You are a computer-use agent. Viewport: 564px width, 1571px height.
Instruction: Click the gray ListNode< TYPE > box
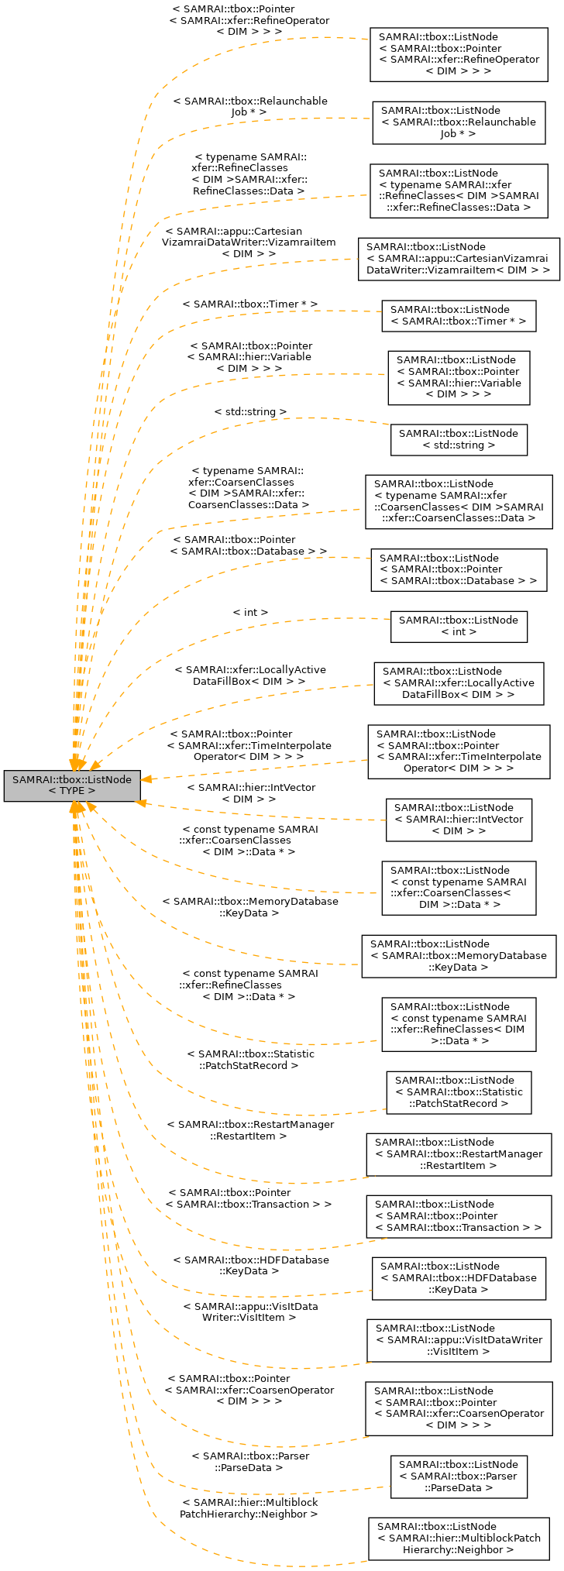72,785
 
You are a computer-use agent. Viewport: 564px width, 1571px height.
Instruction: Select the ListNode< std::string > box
459,439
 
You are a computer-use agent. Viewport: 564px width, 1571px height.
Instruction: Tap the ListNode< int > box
459,626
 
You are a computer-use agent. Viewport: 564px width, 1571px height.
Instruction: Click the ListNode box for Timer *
459,315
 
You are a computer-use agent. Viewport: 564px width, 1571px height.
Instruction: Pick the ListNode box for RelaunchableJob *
459,122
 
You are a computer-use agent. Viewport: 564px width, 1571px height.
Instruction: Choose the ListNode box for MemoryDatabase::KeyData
459,955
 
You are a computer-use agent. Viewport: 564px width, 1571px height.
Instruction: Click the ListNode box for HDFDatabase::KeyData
459,1277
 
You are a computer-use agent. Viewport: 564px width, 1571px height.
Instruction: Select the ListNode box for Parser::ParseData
459,1476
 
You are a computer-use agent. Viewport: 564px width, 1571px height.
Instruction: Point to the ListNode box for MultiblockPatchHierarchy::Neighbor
459,1538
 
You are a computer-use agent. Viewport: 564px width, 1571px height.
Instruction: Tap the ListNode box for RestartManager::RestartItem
459,1153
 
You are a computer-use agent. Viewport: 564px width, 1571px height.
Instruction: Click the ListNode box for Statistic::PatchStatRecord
459,1091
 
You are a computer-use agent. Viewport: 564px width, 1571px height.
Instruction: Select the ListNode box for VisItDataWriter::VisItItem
459,1339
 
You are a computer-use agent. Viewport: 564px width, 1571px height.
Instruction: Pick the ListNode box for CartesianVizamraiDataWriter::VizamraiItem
459,259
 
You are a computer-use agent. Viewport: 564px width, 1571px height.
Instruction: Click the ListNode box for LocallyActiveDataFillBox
459,682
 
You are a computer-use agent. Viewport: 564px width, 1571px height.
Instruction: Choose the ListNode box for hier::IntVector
459,819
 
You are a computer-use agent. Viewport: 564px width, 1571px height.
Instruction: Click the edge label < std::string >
250,411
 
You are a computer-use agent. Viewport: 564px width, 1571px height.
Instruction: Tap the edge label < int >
250,612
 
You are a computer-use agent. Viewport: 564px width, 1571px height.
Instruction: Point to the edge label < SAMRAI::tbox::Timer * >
249,304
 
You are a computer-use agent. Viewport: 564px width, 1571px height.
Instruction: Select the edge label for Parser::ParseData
250,1462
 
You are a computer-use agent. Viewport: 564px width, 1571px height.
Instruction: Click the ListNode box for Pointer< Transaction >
459,1215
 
